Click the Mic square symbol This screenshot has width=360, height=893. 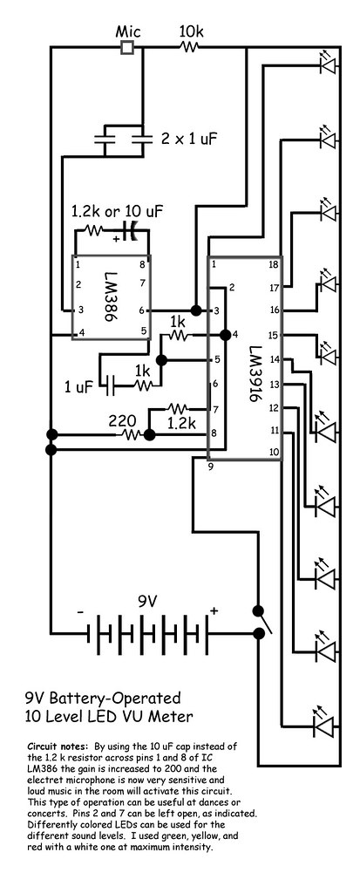(x=127, y=47)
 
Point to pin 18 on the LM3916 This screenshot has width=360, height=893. (x=273, y=264)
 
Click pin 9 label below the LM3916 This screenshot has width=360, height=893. (x=211, y=468)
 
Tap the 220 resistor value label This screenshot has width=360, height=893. (x=122, y=422)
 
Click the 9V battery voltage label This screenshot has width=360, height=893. (x=146, y=602)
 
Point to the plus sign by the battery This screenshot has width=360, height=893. (x=214, y=611)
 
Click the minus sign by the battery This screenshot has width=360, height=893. (x=79, y=613)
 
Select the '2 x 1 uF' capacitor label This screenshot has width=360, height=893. (x=188, y=139)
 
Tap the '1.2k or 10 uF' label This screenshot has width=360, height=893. (x=117, y=213)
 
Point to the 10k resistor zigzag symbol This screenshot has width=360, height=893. (x=189, y=48)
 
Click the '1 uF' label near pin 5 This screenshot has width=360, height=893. (x=77, y=388)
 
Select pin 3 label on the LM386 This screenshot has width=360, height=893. (x=81, y=310)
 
